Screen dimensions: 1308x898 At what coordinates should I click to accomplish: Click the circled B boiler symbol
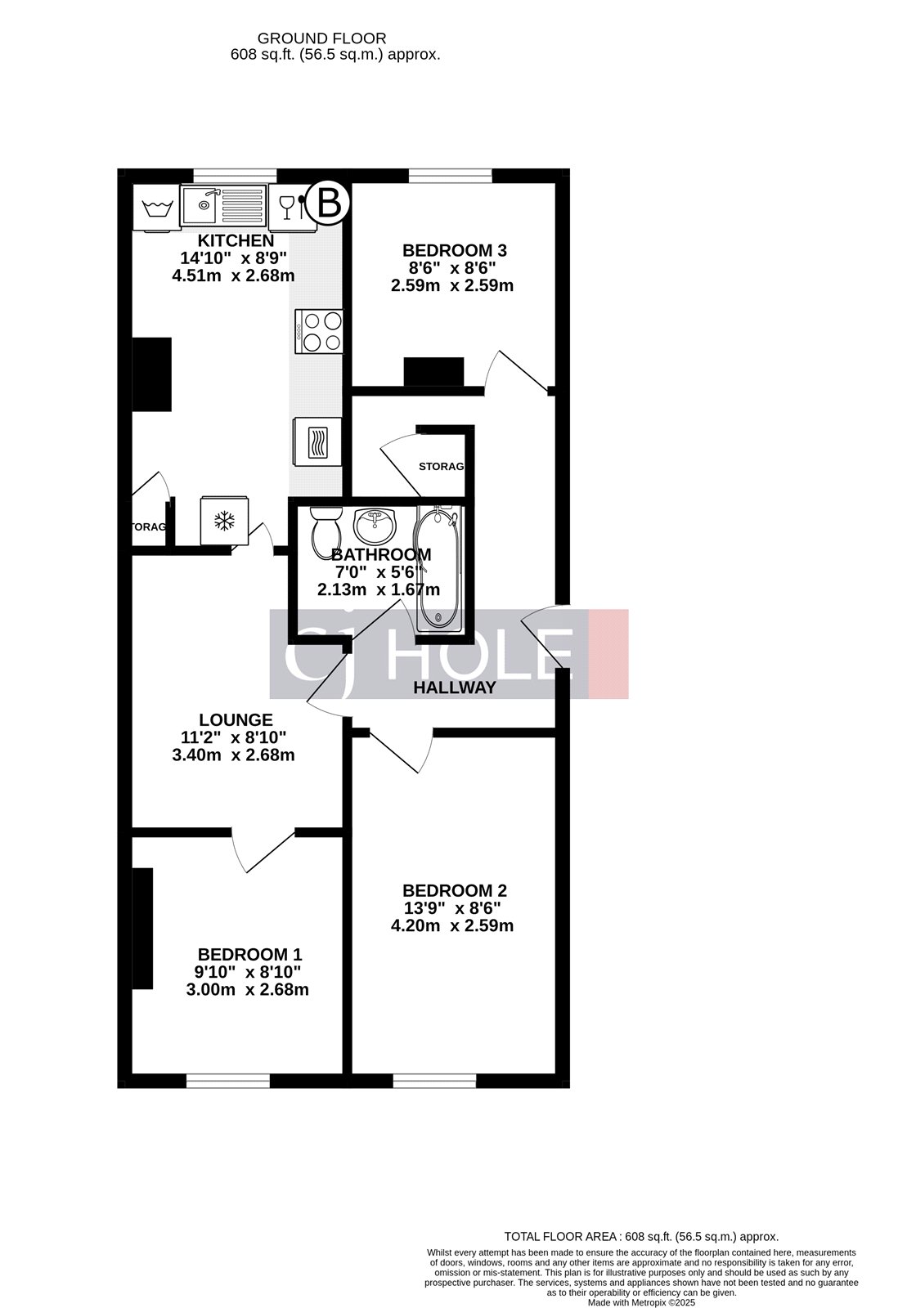pyautogui.click(x=328, y=203)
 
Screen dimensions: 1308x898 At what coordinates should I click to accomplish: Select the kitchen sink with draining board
pyautogui.click(x=223, y=204)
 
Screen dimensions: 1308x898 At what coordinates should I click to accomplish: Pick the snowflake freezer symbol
pyautogui.click(x=223, y=521)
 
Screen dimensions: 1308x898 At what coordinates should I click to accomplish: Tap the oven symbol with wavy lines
pyautogui.click(x=317, y=443)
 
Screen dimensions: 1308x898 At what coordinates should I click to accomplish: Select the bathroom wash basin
pyautogui.click(x=375, y=525)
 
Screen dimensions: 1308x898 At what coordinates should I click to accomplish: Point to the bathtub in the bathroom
pyautogui.click(x=439, y=567)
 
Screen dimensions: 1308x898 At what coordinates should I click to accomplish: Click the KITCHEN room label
pyautogui.click(x=236, y=241)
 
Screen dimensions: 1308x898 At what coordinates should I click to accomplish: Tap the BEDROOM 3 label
pyautogui.click(x=449, y=250)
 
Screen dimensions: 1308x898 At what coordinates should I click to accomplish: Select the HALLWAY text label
pyautogui.click(x=454, y=688)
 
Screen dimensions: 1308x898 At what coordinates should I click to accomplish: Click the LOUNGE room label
pyautogui.click(x=236, y=720)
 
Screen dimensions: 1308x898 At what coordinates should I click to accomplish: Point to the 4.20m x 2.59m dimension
pyautogui.click(x=452, y=926)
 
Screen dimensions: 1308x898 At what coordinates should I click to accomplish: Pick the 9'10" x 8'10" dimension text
pyautogui.click(x=247, y=972)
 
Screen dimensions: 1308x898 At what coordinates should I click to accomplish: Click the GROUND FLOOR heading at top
pyautogui.click(x=321, y=38)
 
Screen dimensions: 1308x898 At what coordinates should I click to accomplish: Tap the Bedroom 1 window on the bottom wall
pyautogui.click(x=227, y=1081)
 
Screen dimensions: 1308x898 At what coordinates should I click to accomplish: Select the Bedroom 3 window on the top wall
pyautogui.click(x=450, y=175)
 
